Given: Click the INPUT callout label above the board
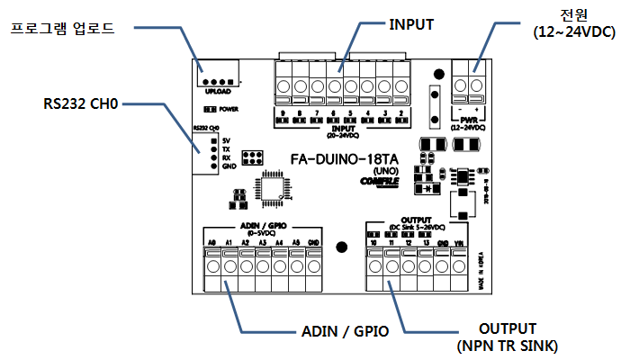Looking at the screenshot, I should tap(411, 24).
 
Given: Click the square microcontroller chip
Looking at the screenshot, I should tap(274, 186).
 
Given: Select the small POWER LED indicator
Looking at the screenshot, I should tap(208, 108).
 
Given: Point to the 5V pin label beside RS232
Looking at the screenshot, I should tap(225, 140).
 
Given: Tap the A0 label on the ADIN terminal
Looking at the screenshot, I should tap(211, 243).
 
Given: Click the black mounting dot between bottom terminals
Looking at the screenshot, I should tap(341, 247).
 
